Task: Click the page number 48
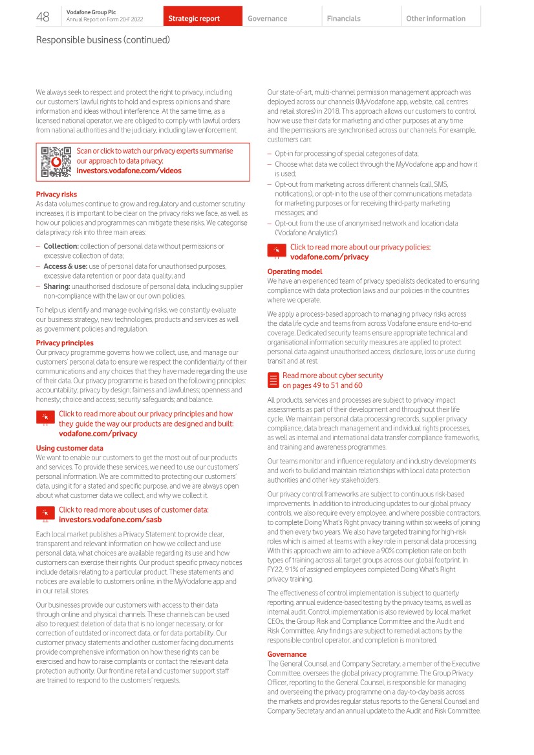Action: click(x=43, y=17)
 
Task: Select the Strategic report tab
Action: click(x=194, y=19)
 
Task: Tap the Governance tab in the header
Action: click(x=267, y=19)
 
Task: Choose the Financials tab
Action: click(x=343, y=19)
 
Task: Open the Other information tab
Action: click(x=435, y=19)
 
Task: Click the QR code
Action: click(x=56, y=162)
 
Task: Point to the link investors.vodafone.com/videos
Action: click(x=129, y=171)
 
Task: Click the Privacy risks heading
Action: click(x=56, y=194)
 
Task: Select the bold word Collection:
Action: click(x=61, y=246)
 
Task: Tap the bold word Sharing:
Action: click(x=57, y=286)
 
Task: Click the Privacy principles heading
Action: click(x=65, y=343)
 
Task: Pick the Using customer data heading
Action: click(x=69, y=448)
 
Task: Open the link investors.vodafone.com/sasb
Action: click(x=110, y=519)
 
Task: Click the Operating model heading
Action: click(x=294, y=271)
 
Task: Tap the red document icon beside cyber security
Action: click(x=273, y=380)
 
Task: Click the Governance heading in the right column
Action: click(x=287, y=654)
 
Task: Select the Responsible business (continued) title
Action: click(x=103, y=40)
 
